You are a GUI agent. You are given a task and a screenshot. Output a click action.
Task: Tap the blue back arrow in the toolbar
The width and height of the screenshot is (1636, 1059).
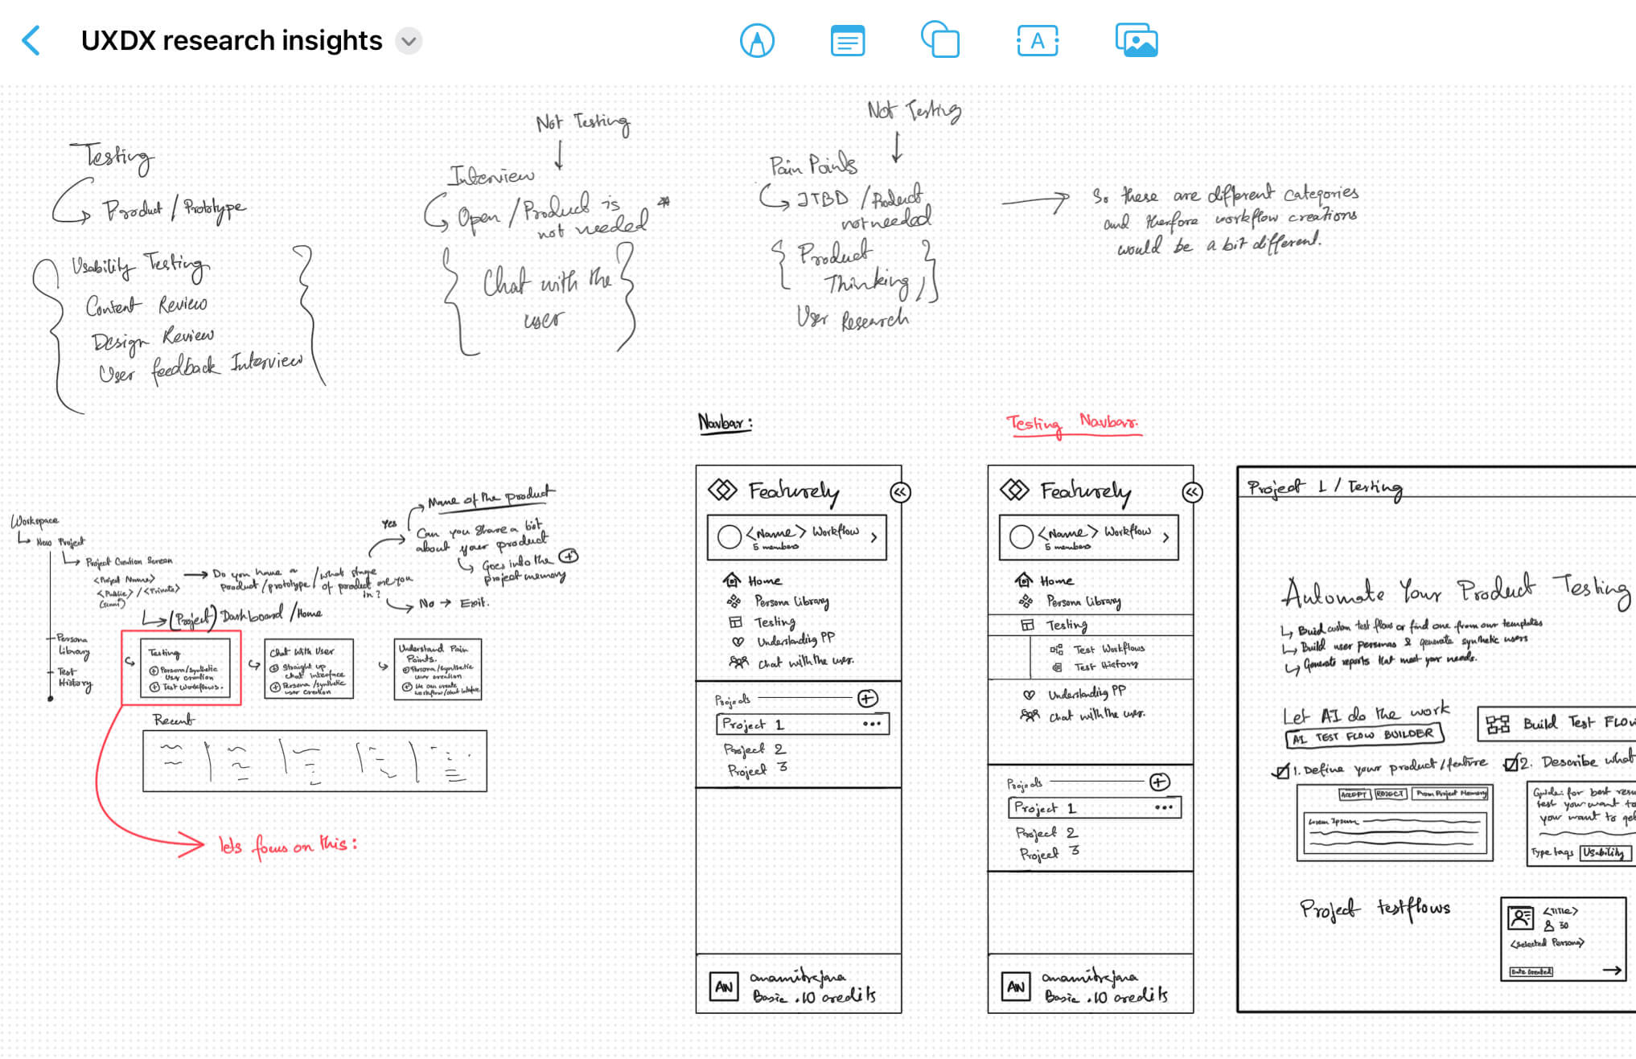[31, 40]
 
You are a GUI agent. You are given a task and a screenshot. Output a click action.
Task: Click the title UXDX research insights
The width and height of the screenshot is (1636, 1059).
[232, 40]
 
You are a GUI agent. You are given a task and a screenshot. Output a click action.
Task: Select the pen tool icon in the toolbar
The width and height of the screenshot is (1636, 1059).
[757, 40]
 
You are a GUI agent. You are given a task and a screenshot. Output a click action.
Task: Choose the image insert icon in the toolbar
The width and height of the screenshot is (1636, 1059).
[1137, 40]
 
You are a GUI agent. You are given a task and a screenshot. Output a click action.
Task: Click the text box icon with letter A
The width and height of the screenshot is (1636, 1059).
[1038, 40]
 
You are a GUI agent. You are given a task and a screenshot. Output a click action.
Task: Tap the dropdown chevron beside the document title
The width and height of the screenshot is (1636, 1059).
[409, 40]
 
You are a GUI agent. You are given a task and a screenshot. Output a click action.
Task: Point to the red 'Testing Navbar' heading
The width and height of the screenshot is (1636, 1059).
[1072, 424]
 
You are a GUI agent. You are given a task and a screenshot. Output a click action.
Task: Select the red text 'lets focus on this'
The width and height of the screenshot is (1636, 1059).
[288, 845]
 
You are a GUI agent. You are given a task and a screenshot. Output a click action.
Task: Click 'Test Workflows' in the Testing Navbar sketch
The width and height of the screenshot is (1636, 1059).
[1108, 648]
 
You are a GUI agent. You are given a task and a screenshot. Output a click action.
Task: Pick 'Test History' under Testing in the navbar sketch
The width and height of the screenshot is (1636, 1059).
[1105, 666]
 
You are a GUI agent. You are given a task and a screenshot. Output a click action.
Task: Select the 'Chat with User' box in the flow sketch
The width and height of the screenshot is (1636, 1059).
[309, 669]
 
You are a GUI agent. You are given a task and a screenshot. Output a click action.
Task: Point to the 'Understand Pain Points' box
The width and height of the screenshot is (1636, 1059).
[438, 669]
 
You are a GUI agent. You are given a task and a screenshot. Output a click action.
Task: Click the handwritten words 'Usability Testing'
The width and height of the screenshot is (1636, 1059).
[140, 265]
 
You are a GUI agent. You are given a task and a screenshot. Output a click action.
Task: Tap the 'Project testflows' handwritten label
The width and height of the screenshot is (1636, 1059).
[1375, 909]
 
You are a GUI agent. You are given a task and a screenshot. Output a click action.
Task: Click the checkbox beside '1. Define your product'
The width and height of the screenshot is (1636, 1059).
[1280, 771]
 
